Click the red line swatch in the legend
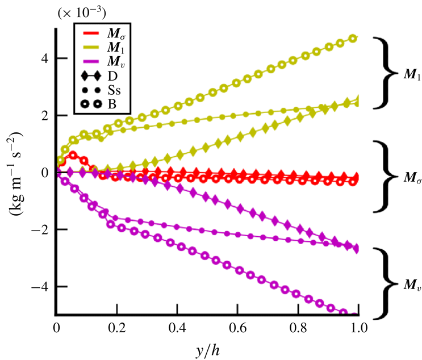(89, 33)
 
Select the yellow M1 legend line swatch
(89, 47)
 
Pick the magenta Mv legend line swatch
(89, 61)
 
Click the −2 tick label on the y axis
(41, 229)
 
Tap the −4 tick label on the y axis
(41, 286)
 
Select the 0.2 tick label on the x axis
(116, 328)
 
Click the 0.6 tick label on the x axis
(238, 328)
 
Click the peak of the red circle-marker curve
(73, 154)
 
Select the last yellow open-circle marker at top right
(353, 38)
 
